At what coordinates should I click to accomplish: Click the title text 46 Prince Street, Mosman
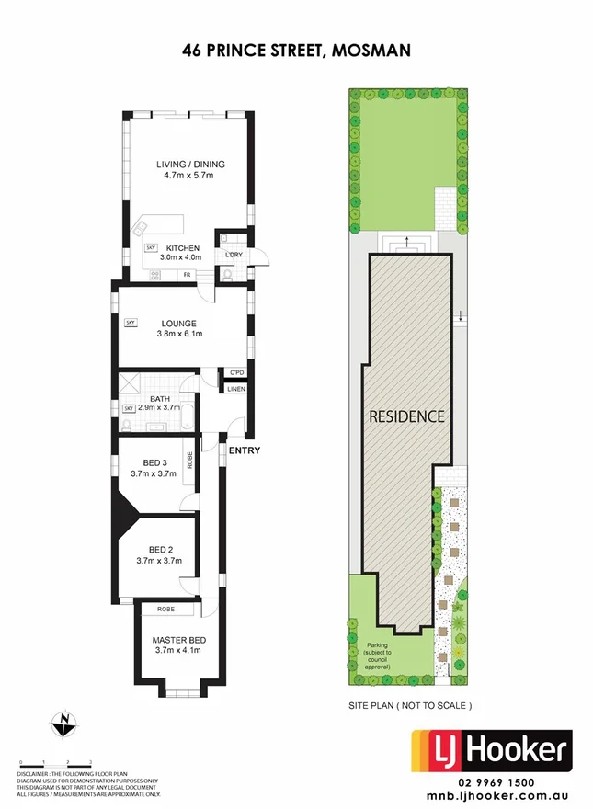(x=296, y=54)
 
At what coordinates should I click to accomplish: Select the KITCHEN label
(x=183, y=248)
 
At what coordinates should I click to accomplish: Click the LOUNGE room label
(x=175, y=324)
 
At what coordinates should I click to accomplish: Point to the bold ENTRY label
(x=245, y=450)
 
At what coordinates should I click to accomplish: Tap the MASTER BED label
(x=178, y=640)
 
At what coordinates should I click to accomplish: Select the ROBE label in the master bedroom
(x=166, y=609)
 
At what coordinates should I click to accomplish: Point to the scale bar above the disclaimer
(x=55, y=763)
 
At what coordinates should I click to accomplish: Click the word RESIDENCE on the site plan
(x=406, y=416)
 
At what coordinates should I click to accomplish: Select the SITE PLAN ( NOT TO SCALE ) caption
(x=410, y=706)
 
